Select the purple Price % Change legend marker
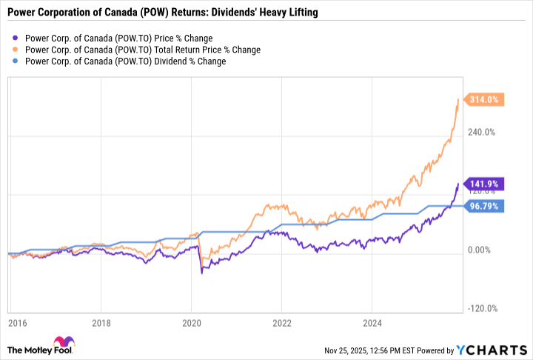click(16, 38)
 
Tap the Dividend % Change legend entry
click(125, 61)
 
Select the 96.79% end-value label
click(485, 207)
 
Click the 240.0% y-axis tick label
click(482, 133)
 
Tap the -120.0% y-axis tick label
click(481, 309)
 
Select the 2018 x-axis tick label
click(101, 323)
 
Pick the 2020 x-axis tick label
click(192, 323)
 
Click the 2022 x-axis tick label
click(282, 323)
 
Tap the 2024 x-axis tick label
click(372, 323)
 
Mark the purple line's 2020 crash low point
click(201, 273)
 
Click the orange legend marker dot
click(16, 50)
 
